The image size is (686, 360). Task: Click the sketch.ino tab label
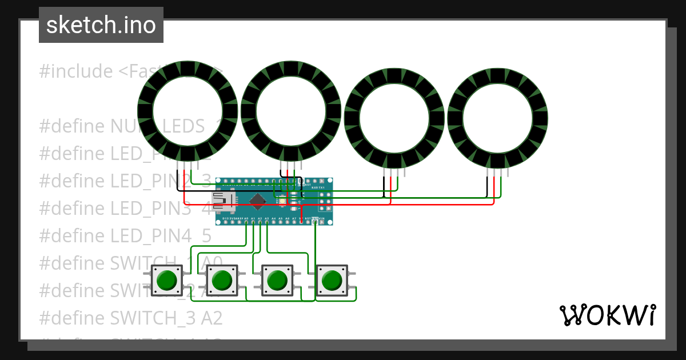pyautogui.click(x=101, y=25)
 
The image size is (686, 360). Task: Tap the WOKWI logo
pyautogui.click(x=607, y=315)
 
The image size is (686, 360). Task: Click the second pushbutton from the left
pyautogui.click(x=222, y=281)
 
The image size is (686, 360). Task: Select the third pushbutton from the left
pyautogui.click(x=277, y=281)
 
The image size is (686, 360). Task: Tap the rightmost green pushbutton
pyautogui.click(x=332, y=281)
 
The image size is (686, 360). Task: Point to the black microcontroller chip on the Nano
pyautogui.click(x=258, y=201)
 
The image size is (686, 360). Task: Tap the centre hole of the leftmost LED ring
pyautogui.click(x=188, y=111)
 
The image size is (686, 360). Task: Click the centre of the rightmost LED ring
pyautogui.click(x=498, y=118)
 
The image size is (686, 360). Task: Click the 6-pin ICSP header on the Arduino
pyautogui.click(x=325, y=201)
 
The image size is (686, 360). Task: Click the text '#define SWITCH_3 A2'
pyautogui.click(x=131, y=317)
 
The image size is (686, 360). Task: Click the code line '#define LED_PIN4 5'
pyautogui.click(x=125, y=235)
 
